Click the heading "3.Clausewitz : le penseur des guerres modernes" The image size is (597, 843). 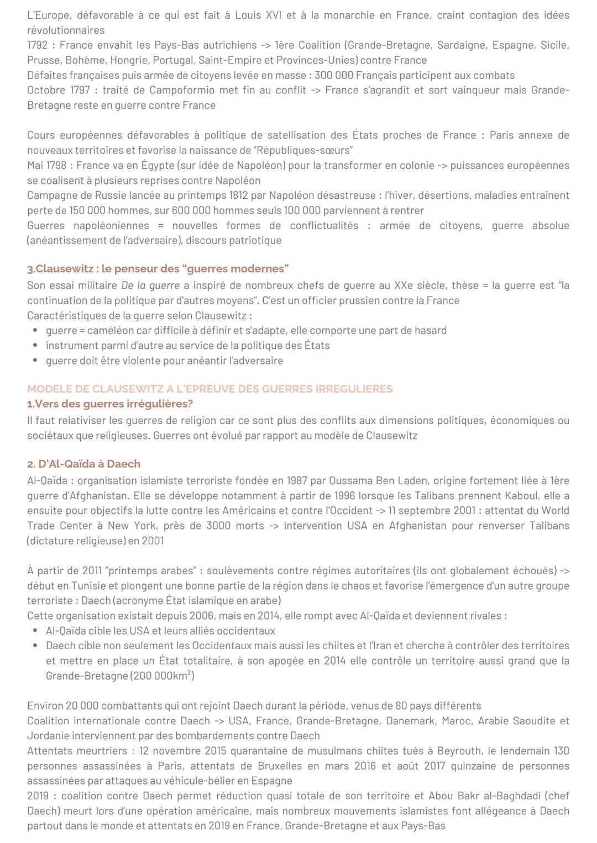click(158, 269)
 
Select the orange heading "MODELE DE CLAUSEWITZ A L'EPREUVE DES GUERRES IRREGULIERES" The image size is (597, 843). click(210, 389)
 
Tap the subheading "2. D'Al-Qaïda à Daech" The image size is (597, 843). click(83, 464)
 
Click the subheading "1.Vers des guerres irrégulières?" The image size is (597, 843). click(109, 404)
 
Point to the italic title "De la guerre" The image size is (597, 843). click(150, 285)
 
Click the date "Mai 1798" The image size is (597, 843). click(48, 165)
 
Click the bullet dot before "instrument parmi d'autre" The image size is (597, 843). click(35, 346)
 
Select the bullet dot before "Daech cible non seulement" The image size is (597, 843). click(35, 645)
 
